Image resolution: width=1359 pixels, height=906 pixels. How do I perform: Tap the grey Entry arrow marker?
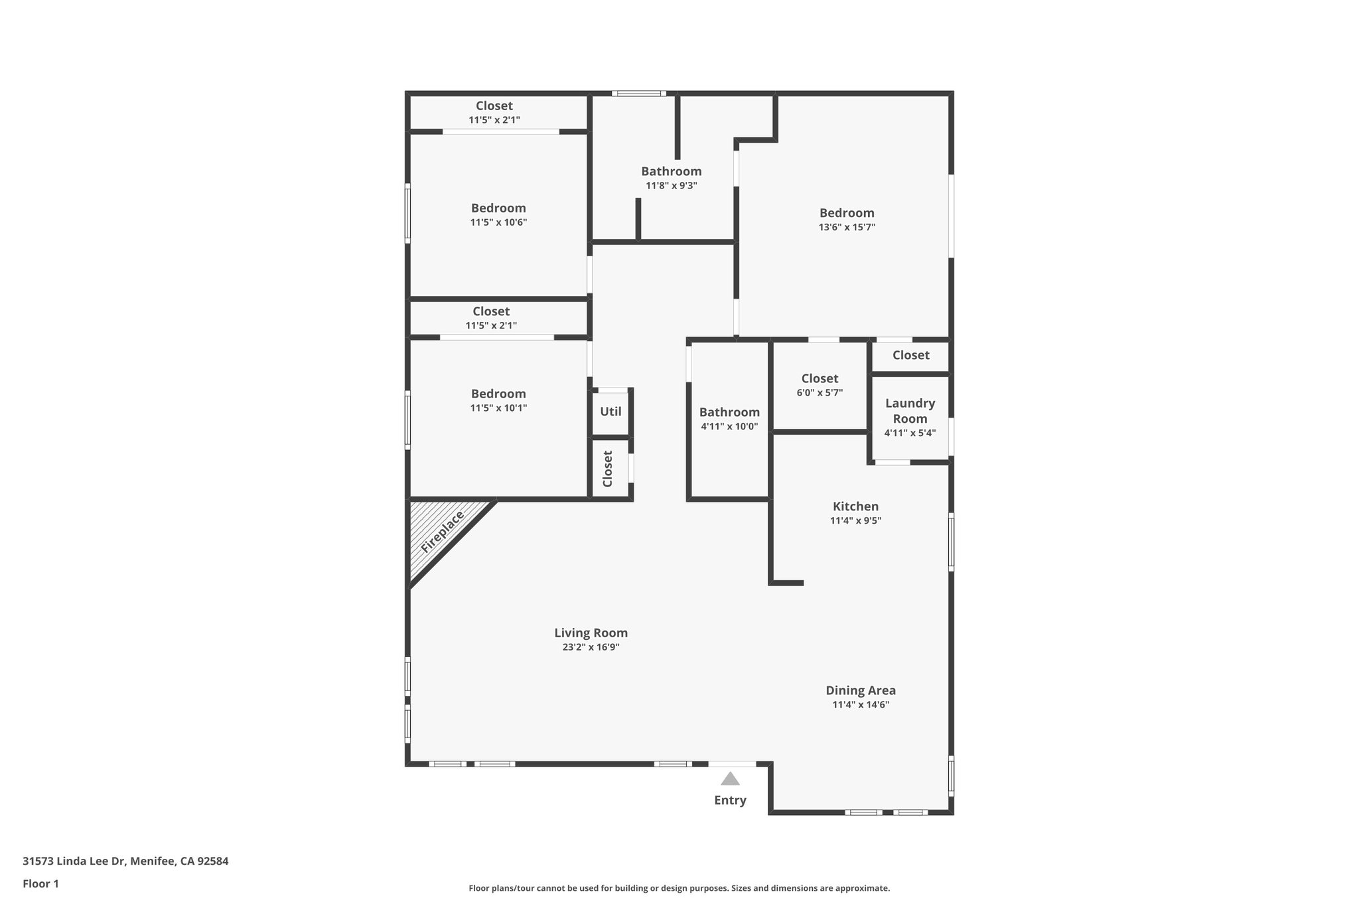pyautogui.click(x=730, y=779)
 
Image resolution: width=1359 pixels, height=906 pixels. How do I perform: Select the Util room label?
pyautogui.click(x=610, y=412)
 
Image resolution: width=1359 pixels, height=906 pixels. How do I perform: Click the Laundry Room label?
pyautogui.click(x=910, y=411)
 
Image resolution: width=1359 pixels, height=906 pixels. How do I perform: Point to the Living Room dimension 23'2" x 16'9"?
pyautogui.click(x=591, y=647)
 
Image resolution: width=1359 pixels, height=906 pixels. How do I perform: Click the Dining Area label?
pyautogui.click(x=861, y=690)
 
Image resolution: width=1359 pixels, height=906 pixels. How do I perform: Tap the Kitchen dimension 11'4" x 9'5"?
pyautogui.click(x=855, y=521)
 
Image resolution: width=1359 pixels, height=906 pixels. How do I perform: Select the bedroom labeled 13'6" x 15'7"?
pyautogui.click(x=847, y=219)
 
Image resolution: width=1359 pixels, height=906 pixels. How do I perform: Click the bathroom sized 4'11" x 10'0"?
pyautogui.click(x=729, y=419)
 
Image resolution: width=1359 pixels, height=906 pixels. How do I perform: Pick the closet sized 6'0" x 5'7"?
pyautogui.click(x=820, y=385)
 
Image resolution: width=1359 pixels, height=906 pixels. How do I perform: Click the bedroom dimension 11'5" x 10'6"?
pyautogui.click(x=498, y=222)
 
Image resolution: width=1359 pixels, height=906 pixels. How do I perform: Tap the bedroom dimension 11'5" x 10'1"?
pyautogui.click(x=498, y=408)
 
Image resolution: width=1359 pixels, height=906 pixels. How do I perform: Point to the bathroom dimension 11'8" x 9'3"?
pyautogui.click(x=671, y=186)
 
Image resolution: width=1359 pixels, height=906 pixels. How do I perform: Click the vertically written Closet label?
pyautogui.click(x=608, y=469)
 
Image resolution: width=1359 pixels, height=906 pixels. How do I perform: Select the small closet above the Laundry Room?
pyautogui.click(x=910, y=355)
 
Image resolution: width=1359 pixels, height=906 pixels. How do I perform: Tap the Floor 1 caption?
pyautogui.click(x=40, y=884)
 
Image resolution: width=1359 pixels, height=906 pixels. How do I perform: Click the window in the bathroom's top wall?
pyautogui.click(x=638, y=94)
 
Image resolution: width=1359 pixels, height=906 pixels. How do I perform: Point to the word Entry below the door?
pyautogui.click(x=730, y=800)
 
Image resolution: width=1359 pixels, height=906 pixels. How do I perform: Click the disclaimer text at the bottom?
pyautogui.click(x=679, y=888)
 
